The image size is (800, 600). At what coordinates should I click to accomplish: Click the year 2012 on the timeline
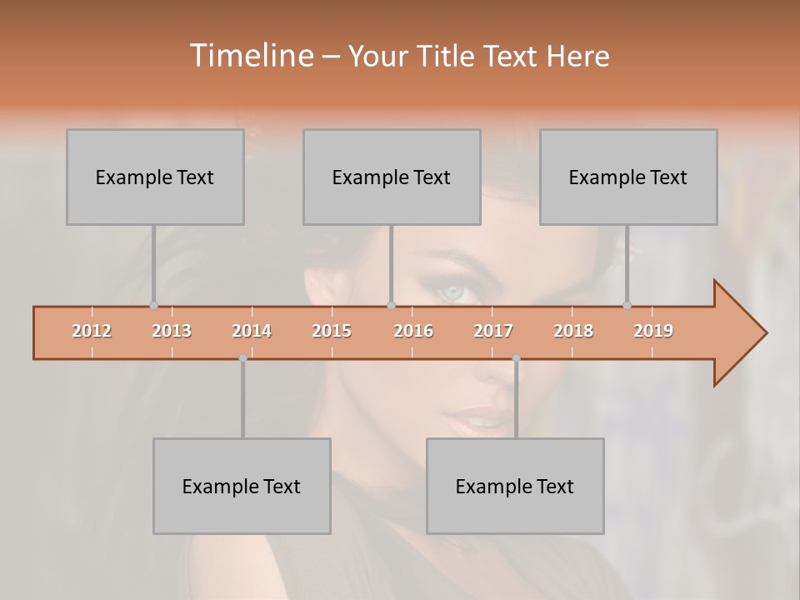point(92,331)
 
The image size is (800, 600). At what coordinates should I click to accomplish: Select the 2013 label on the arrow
point(172,331)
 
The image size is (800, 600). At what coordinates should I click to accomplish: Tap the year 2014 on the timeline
point(252,331)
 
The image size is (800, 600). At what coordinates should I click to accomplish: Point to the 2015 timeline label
point(332,331)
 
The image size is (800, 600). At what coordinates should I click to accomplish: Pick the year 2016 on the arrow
point(413,331)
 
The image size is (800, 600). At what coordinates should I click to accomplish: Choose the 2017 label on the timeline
point(493,331)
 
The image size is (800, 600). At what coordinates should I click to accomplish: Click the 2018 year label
point(573,331)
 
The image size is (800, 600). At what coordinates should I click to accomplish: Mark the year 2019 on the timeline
point(653,331)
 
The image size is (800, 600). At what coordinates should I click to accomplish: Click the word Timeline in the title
point(250,56)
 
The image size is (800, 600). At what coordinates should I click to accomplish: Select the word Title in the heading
point(446,56)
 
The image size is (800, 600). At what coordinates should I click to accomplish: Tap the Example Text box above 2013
point(155,177)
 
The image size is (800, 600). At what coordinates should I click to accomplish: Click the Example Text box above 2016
point(392,177)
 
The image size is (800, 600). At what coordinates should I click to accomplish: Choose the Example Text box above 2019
point(628,177)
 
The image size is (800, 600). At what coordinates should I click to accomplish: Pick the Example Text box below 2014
point(242,486)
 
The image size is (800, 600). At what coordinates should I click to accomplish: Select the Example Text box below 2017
point(515,486)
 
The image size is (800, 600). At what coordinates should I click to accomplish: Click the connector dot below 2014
point(242,358)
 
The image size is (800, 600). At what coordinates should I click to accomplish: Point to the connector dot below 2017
point(516,358)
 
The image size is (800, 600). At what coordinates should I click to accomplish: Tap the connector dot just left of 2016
point(391,306)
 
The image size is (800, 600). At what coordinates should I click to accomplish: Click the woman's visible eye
point(454,292)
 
